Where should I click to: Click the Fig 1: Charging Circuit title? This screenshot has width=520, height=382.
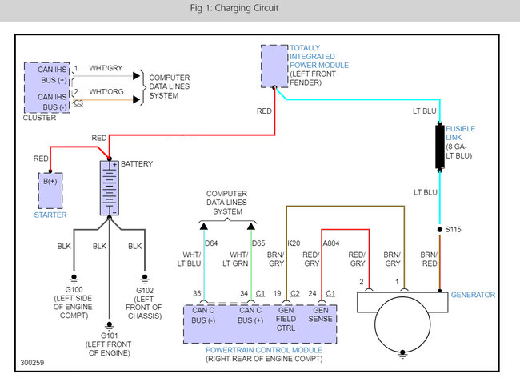[x=234, y=8]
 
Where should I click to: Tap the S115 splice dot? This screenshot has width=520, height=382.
[x=440, y=229]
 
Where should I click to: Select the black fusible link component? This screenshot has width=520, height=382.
[x=440, y=147]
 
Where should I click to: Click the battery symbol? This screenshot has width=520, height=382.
[x=110, y=188]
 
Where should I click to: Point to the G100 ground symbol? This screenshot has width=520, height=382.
[x=74, y=278]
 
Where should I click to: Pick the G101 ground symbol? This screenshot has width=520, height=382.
[x=109, y=324]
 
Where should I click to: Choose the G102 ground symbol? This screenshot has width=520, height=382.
[x=145, y=278]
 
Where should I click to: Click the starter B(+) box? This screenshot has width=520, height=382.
[x=50, y=191]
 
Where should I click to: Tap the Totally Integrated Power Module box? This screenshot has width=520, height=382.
[x=274, y=66]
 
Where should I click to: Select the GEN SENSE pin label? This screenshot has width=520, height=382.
[x=320, y=315]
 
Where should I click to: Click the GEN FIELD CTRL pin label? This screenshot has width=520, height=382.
[x=286, y=319]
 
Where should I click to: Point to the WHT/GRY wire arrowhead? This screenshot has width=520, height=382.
[x=136, y=76]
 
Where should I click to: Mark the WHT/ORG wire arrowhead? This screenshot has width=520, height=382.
[x=136, y=99]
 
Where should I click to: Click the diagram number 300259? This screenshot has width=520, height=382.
[x=32, y=363]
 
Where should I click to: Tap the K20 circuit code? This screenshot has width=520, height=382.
[x=294, y=243]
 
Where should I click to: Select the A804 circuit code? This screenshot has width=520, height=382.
[x=331, y=243]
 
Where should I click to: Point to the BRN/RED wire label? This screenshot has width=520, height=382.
[x=429, y=259]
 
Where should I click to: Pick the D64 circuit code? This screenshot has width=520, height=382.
[x=211, y=243]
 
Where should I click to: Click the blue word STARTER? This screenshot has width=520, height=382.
[x=50, y=215]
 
